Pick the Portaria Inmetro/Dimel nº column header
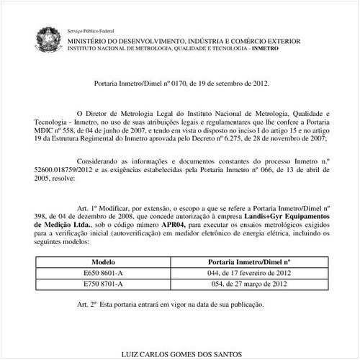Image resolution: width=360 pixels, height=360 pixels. point(248,263)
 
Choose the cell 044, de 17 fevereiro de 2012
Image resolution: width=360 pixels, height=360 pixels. point(248,274)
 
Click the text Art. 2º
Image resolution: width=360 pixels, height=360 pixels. point(88,303)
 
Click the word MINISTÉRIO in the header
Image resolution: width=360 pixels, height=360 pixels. point(91,42)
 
